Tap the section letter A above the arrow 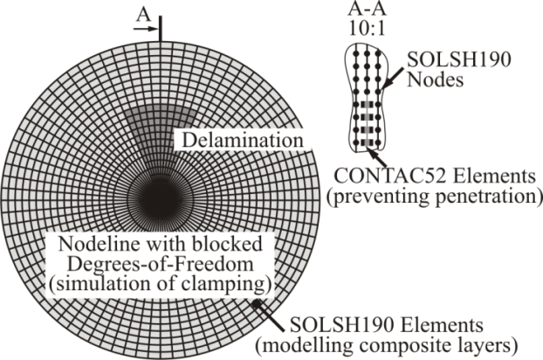tap(144, 12)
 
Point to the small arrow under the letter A tap(144, 28)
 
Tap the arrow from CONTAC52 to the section tap(373, 156)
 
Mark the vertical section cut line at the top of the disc tap(161, 26)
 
